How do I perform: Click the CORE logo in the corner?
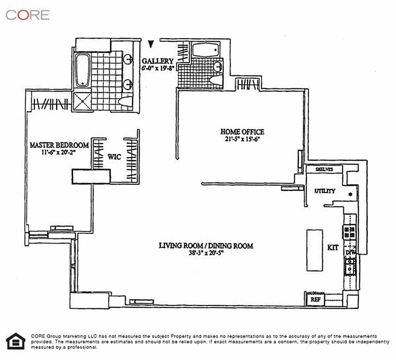click(27, 14)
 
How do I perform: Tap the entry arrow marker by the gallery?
click(151, 44)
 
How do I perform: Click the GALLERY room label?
click(157, 61)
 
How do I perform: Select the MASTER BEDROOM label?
click(59, 145)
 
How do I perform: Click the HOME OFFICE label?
click(242, 132)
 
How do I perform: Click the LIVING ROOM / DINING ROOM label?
click(205, 246)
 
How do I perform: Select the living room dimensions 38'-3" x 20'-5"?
click(205, 253)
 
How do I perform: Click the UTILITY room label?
click(325, 191)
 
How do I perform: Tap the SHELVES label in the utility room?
click(324, 170)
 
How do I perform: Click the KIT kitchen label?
click(333, 248)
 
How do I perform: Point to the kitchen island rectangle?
click(314, 250)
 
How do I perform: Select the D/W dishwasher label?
click(350, 253)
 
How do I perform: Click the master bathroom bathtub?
click(82, 71)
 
